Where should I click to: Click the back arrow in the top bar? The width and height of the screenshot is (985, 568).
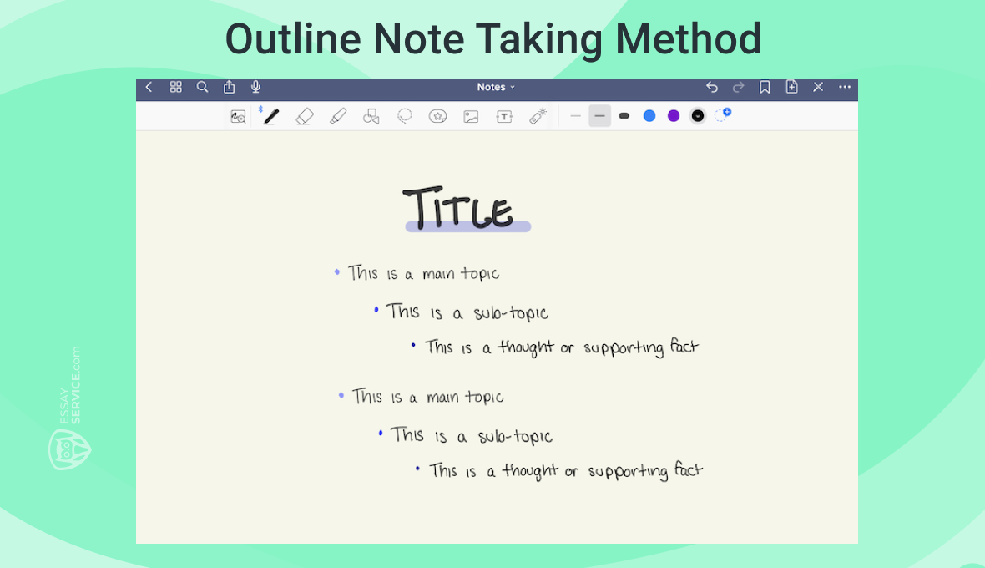tap(149, 87)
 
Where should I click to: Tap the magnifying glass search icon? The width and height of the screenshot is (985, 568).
tap(202, 87)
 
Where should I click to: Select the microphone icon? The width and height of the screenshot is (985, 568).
tap(255, 87)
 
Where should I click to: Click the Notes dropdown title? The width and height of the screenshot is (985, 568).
tap(496, 87)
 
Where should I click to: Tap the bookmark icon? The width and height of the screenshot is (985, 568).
tap(765, 87)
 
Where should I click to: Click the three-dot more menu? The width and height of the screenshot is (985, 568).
tap(845, 87)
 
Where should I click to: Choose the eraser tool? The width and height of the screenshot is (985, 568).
tap(304, 116)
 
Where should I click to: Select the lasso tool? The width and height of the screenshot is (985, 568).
tap(405, 116)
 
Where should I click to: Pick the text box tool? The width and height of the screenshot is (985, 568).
tap(504, 117)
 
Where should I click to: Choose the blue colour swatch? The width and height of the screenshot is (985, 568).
tap(649, 116)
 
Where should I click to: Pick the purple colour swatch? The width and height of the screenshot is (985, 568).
tap(674, 116)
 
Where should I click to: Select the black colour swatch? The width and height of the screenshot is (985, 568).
tap(698, 116)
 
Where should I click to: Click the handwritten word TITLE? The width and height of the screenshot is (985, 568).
tap(458, 209)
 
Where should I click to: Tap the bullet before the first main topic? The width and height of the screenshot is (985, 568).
tap(337, 272)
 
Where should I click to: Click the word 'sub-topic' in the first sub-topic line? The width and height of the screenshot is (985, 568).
tap(511, 313)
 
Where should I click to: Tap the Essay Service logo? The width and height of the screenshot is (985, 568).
tap(68, 447)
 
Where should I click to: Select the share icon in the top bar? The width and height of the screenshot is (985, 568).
tap(229, 87)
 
